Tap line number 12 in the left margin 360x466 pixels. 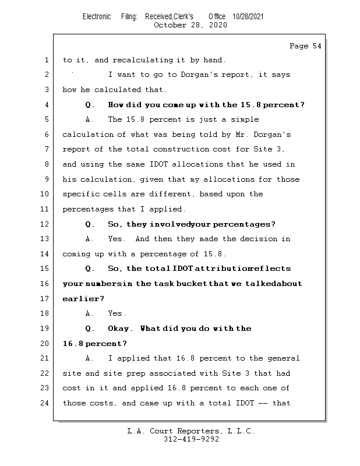(x=47, y=224)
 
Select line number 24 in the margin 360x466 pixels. (x=47, y=403)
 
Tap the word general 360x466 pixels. (x=283, y=358)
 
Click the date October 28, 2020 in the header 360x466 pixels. (x=190, y=25)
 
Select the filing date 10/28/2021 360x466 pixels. (x=248, y=16)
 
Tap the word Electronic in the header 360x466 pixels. (x=96, y=16)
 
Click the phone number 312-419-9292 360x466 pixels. (x=191, y=440)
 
